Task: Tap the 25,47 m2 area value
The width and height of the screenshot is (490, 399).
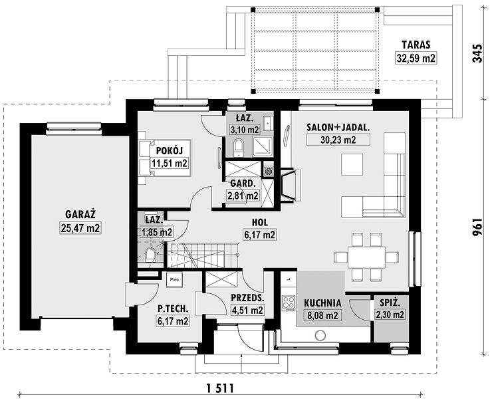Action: pyautogui.click(x=80, y=228)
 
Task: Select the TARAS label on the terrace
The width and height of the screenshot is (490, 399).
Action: pyautogui.click(x=416, y=45)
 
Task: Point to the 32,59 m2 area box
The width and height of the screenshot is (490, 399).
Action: pyautogui.click(x=416, y=58)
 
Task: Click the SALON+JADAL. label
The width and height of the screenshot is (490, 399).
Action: pyautogui.click(x=338, y=128)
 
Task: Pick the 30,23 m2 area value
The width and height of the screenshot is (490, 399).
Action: pyautogui.click(x=338, y=140)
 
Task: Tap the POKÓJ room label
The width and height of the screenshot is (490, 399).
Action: pyautogui.click(x=169, y=151)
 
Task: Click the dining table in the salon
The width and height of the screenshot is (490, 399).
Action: pyautogui.click(x=366, y=257)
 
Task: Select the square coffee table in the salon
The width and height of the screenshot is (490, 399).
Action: pyautogui.click(x=352, y=164)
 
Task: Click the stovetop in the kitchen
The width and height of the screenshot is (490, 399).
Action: pyautogui.click(x=288, y=303)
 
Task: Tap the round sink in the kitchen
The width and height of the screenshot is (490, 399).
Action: pyautogui.click(x=320, y=336)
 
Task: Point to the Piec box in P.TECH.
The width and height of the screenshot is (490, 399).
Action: pyautogui.click(x=174, y=280)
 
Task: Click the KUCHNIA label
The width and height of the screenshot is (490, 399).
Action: pyautogui.click(x=323, y=303)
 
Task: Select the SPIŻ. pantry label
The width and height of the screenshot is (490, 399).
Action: pyautogui.click(x=390, y=303)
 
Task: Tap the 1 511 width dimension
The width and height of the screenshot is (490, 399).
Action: pyautogui.click(x=220, y=388)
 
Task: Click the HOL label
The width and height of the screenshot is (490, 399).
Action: pyautogui.click(x=260, y=222)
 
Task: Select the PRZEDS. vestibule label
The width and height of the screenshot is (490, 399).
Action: pyautogui.click(x=247, y=298)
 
